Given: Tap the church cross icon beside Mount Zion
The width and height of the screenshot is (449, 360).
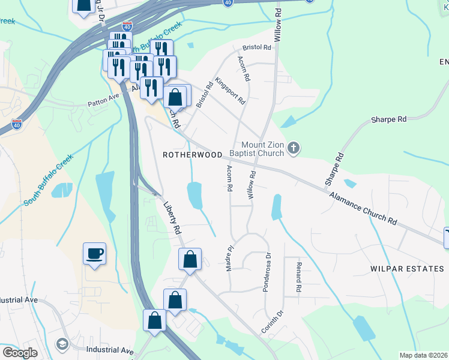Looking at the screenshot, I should [293, 148].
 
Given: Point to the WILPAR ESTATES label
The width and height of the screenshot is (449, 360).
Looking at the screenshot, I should [407, 269].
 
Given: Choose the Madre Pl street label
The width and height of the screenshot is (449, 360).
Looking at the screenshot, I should [229, 257].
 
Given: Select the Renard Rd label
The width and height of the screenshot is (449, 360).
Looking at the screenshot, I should [298, 275].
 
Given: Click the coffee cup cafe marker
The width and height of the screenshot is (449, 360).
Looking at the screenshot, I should [95, 253].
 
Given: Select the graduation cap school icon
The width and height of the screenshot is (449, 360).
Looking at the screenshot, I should [62, 344].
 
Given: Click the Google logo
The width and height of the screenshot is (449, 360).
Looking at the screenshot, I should [19, 353].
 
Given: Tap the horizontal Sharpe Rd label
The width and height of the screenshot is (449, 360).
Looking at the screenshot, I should [389, 119].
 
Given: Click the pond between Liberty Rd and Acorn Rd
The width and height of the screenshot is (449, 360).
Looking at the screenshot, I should [194, 195].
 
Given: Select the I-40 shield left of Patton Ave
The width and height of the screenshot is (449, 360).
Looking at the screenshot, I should [17, 124].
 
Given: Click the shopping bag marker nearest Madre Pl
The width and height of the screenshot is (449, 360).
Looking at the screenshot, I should [190, 260].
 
